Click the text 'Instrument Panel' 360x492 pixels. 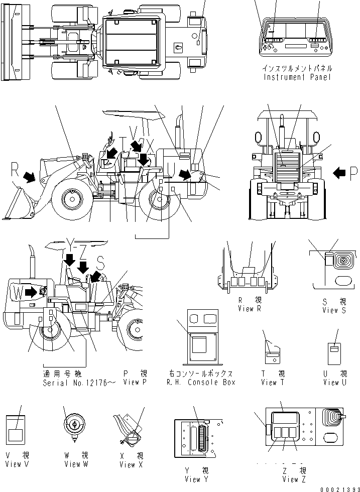point(297,77)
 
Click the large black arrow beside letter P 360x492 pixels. point(339,173)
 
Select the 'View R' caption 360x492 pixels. point(250,309)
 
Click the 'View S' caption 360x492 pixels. point(334,310)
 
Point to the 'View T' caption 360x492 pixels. point(273,383)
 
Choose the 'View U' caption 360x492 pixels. point(335,383)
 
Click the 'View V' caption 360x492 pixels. point(17,464)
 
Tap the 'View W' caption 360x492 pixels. point(76,464)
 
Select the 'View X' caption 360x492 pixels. point(131,465)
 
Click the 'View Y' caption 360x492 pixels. point(192,479)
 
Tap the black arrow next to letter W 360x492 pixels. point(31,291)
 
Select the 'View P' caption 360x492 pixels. point(134,383)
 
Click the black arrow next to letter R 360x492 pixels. point(30,176)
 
